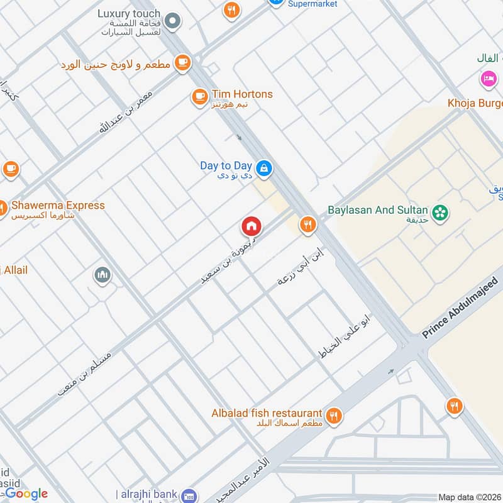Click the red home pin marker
(x=251, y=226)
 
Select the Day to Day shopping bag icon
(x=264, y=167)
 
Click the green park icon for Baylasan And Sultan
(x=441, y=212)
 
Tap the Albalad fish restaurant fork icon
(x=334, y=415)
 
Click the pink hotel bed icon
(x=487, y=79)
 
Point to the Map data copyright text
(x=469, y=497)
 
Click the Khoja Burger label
(x=474, y=103)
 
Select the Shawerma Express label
(x=57, y=206)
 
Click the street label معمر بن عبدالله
(x=125, y=111)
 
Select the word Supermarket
(x=312, y=4)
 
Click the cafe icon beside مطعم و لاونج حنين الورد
(x=182, y=62)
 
